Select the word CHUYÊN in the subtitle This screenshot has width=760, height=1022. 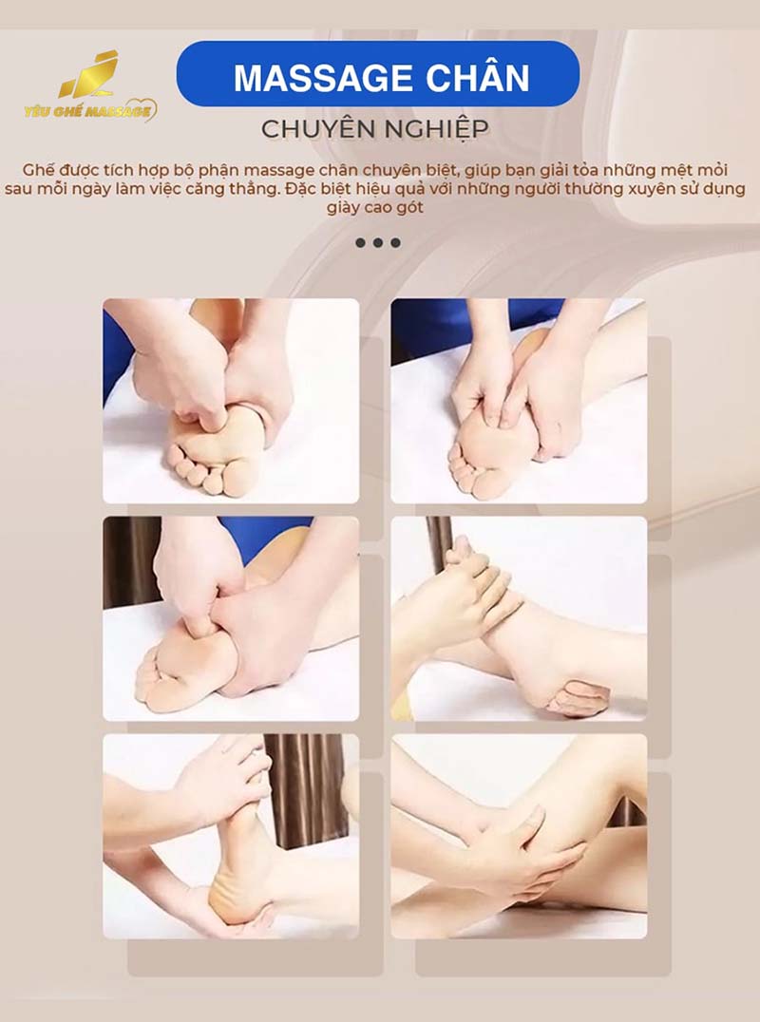pos(313,129)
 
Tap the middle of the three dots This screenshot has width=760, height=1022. pos(378,242)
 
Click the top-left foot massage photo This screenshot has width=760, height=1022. pos(231,401)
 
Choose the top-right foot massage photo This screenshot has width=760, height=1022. pos(519,401)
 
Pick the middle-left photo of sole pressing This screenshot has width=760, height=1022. pos(231,618)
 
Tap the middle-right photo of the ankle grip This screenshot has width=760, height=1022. pos(519,618)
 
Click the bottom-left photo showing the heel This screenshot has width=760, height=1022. pos(231,836)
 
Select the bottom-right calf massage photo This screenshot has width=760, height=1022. pos(519,836)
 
